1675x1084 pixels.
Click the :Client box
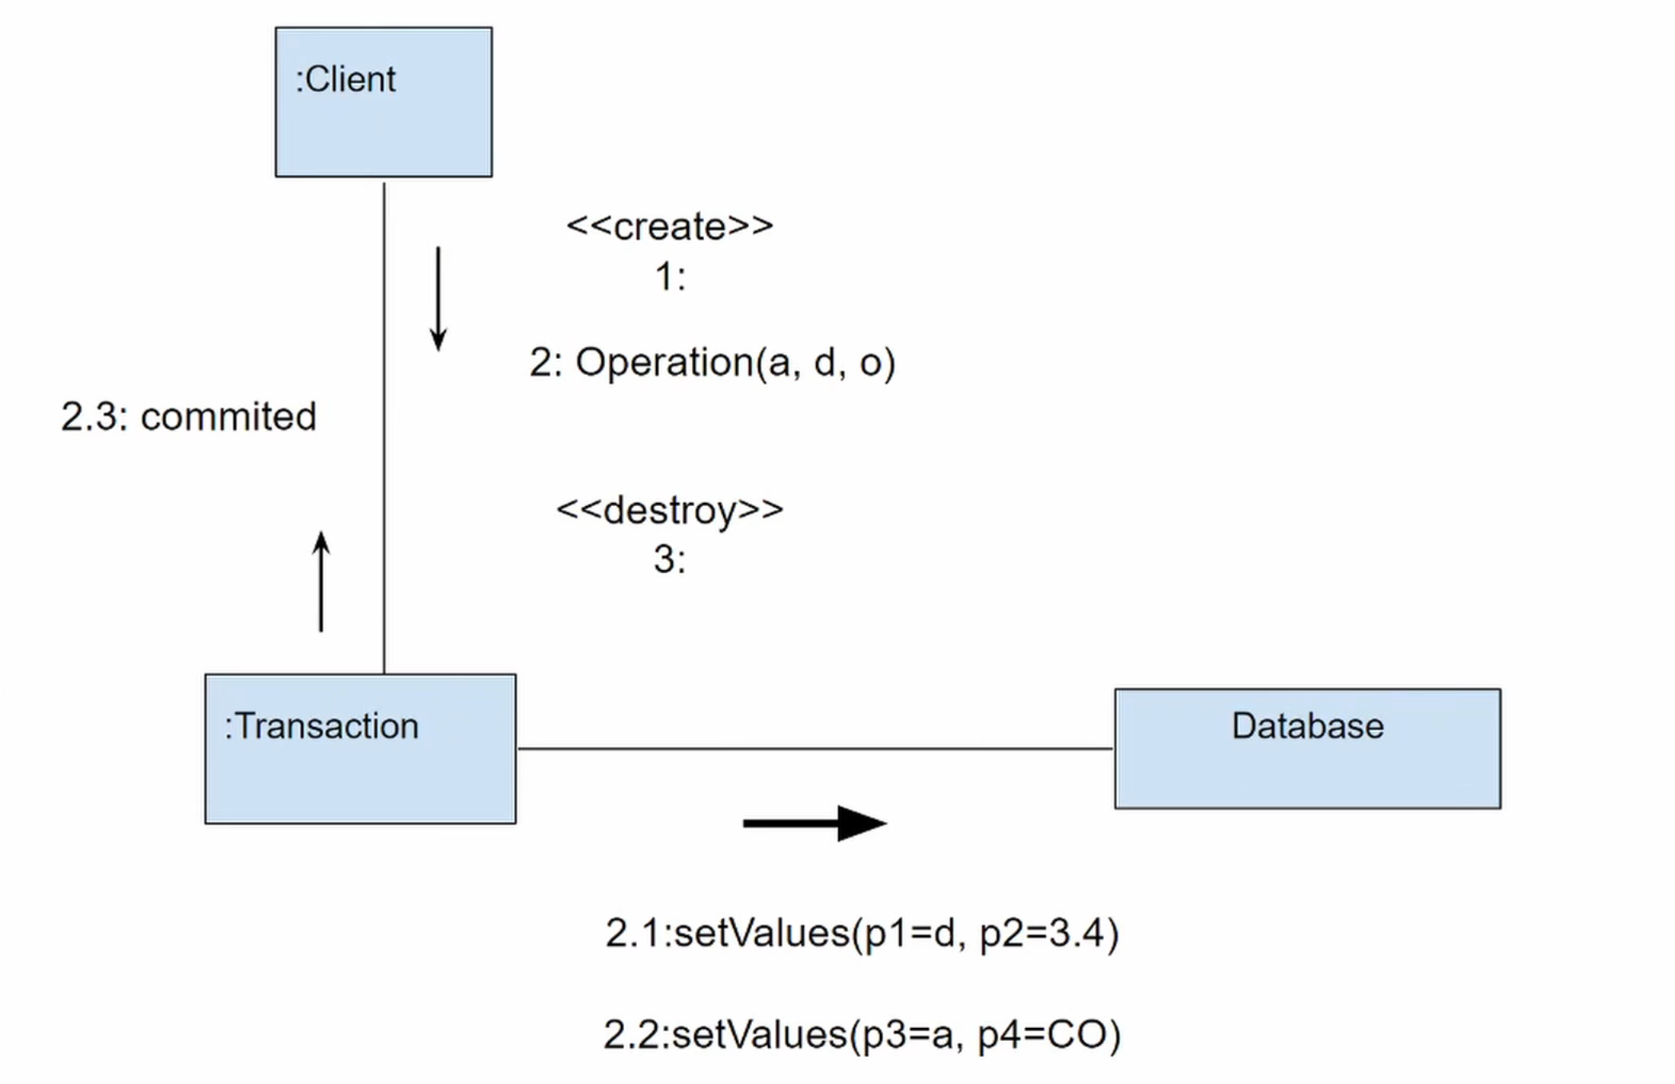[384, 102]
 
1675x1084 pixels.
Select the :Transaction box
[360, 749]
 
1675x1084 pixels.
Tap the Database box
[1307, 749]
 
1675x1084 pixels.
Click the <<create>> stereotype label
[670, 226]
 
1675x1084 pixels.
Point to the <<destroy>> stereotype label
[670, 510]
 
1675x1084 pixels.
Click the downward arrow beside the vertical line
[438, 299]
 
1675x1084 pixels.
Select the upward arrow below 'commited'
[321, 582]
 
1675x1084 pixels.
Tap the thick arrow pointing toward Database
[815, 823]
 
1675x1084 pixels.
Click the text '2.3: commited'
[189, 416]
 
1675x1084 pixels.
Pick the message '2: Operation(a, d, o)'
[712, 363]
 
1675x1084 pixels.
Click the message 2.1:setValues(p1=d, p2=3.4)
[861, 933]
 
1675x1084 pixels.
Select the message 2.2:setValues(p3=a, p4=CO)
[861, 1034]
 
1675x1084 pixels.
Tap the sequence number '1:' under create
[670, 277]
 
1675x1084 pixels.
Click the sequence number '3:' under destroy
[670, 560]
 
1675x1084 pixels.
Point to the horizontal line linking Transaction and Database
[815, 749]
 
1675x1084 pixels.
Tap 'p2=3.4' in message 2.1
[1048, 933]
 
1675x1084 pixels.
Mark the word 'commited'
[229, 416]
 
